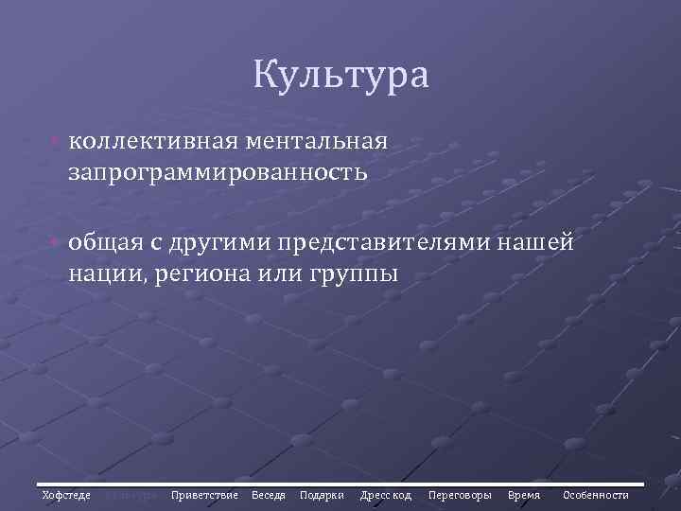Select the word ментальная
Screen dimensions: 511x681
(x=315, y=141)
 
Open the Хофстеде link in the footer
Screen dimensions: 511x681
(x=66, y=495)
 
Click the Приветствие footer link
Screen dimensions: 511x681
(x=204, y=495)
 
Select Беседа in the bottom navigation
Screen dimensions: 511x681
(x=269, y=495)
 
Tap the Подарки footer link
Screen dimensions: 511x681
(x=322, y=495)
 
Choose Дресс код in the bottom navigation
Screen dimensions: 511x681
(x=386, y=495)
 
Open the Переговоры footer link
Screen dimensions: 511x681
(x=460, y=495)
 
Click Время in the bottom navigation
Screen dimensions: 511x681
(x=524, y=495)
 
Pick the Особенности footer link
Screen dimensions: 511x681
(x=596, y=495)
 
